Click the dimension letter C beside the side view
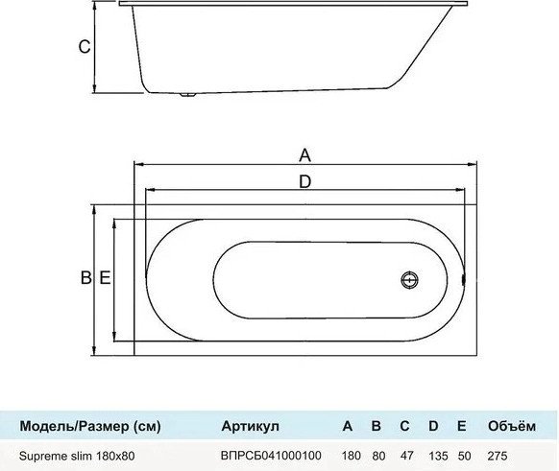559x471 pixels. pos(85,47)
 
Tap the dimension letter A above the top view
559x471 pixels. pos(304,155)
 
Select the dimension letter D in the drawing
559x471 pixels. pos(304,182)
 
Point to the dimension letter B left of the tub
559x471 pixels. pos(85,277)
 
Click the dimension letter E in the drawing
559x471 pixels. pos(105,277)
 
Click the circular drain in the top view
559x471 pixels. pos(409,280)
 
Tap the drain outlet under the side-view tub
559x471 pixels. pos(187,95)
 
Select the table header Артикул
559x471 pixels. pos(250,426)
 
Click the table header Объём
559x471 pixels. pos(512,426)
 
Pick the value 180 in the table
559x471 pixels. pos(352,456)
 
